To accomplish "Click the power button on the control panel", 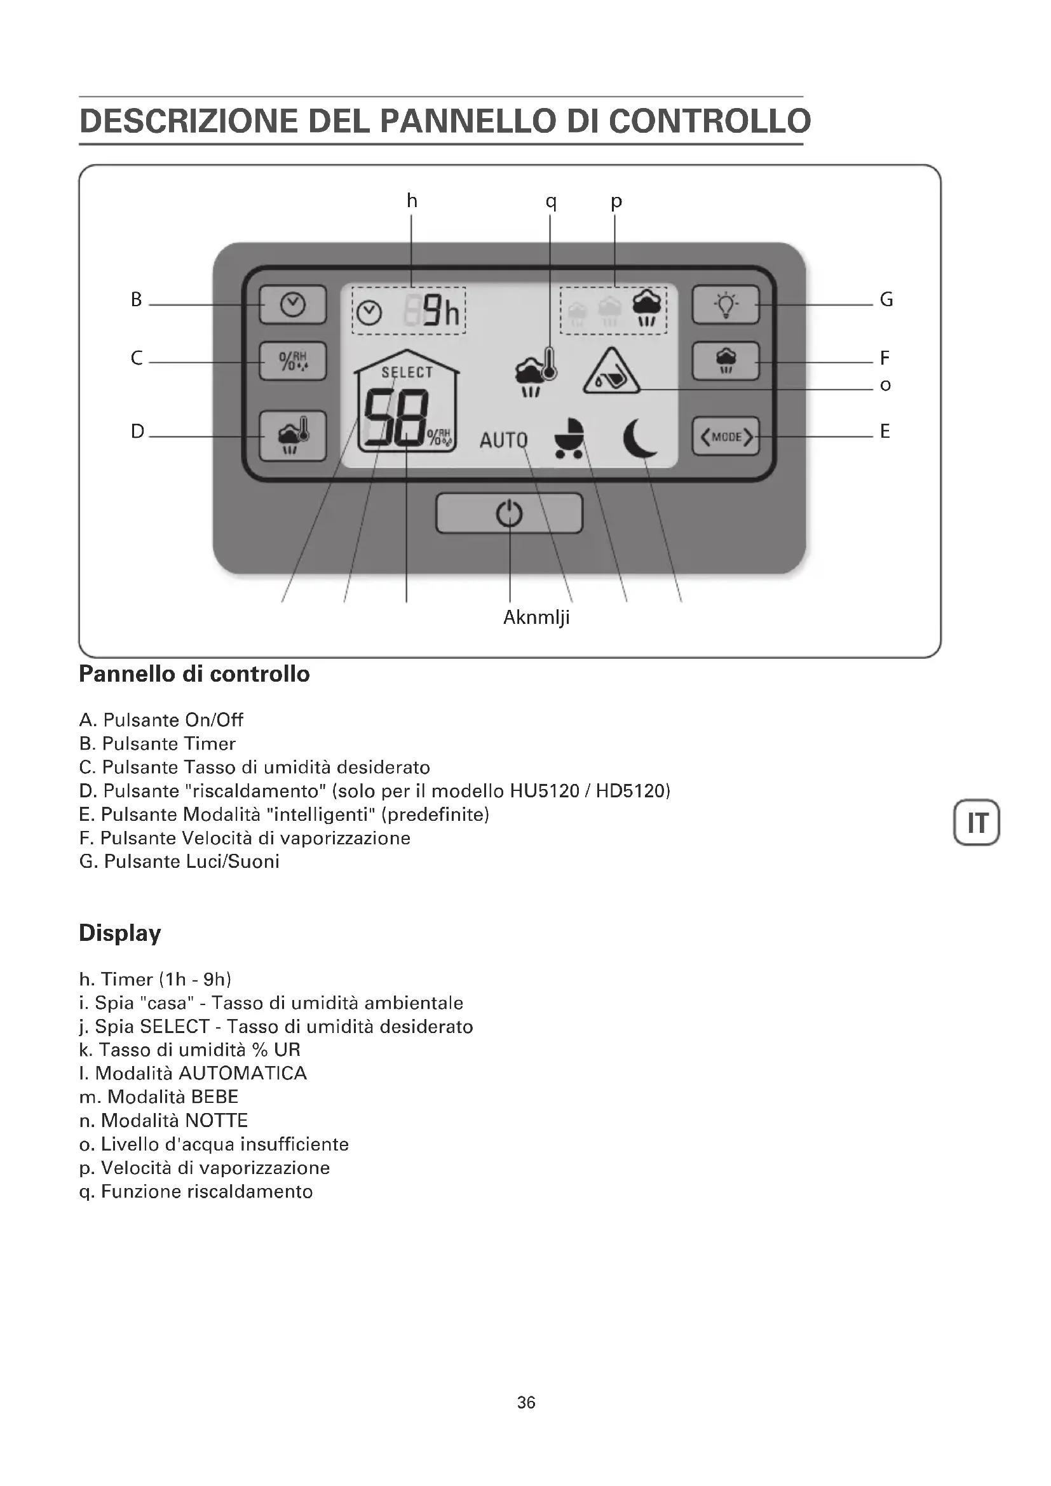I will tap(509, 514).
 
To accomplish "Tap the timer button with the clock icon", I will tap(292, 304).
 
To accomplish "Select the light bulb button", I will tap(726, 304).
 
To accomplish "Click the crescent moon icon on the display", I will tap(639, 438).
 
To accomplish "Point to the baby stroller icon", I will tap(569, 438).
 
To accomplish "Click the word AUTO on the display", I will tap(503, 441).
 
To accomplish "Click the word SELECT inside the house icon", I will tap(407, 372).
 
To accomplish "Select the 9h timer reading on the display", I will tap(442, 312).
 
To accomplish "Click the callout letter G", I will tap(886, 300).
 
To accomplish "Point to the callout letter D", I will tap(137, 431).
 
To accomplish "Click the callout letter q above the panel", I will tap(551, 201).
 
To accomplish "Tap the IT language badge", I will tap(977, 823).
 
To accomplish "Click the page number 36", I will tap(526, 1403).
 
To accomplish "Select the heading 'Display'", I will tap(119, 933).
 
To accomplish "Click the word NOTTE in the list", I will tap(216, 1121).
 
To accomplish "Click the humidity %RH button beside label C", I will tap(292, 360).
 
